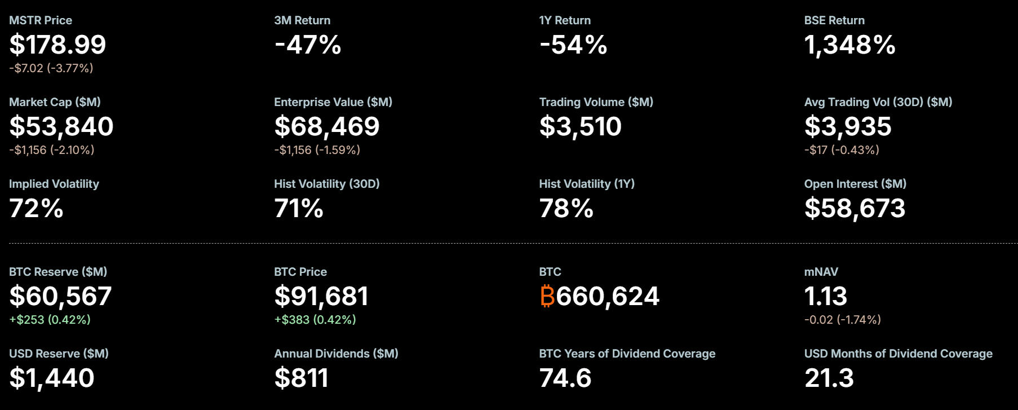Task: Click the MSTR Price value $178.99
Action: point(57,45)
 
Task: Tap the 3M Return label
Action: point(302,20)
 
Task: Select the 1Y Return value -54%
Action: point(573,45)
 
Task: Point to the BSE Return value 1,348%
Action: point(849,45)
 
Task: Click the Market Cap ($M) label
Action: point(55,102)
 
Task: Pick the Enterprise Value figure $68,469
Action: point(327,126)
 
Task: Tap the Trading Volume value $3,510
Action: point(580,126)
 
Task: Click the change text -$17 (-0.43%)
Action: point(842,150)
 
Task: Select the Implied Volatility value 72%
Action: point(36,208)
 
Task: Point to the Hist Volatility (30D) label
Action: point(327,184)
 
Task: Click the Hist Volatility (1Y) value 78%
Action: point(566,208)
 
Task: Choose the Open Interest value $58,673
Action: point(855,208)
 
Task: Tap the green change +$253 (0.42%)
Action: point(50,320)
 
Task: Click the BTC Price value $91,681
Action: point(321,296)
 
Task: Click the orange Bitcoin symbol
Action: point(547,296)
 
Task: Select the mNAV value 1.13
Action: point(825,296)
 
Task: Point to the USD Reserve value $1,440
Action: point(52,378)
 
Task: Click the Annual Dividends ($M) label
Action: point(336,354)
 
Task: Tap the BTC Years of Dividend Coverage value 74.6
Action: point(565,378)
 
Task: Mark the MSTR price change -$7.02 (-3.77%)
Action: point(51,68)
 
